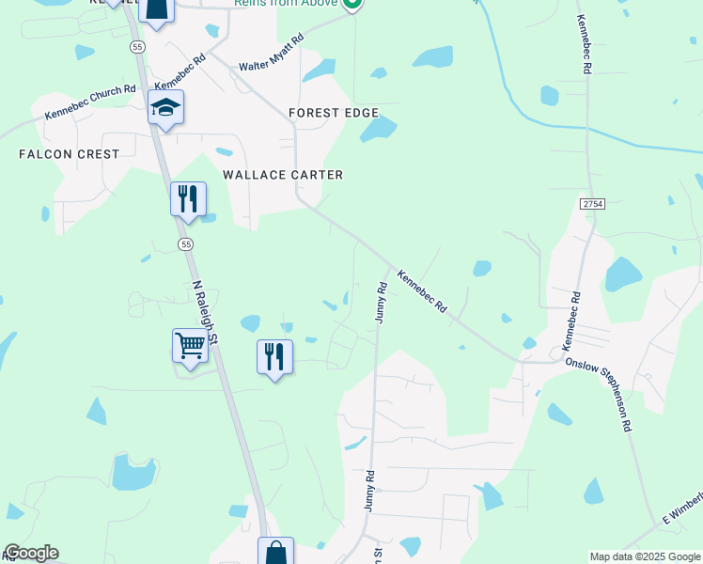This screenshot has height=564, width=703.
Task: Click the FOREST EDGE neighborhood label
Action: tap(334, 113)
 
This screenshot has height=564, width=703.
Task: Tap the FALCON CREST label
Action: tap(70, 154)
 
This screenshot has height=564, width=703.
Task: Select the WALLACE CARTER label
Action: tap(282, 175)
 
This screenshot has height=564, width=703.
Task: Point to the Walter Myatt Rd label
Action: tap(272, 54)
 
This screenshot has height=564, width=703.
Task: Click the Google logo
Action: tap(31, 553)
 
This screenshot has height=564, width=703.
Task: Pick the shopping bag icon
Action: tap(276, 553)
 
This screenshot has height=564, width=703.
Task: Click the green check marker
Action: tap(352, 5)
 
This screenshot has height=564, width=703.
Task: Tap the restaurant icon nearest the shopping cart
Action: tap(274, 357)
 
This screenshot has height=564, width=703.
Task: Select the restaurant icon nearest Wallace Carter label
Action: tap(188, 198)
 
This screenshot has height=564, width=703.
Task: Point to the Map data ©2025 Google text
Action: tap(645, 556)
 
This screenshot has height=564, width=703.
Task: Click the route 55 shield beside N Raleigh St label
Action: tap(186, 244)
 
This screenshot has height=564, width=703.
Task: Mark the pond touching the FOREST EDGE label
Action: tap(379, 130)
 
